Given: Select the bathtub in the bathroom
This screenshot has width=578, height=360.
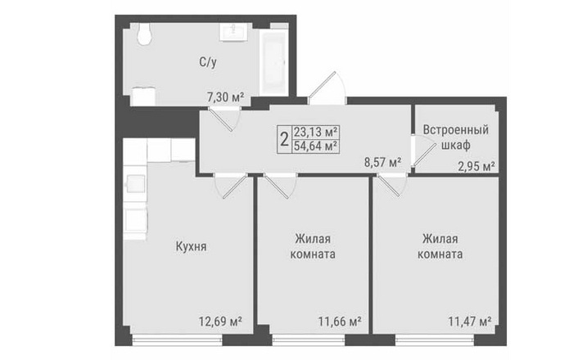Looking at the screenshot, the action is click(x=273, y=62).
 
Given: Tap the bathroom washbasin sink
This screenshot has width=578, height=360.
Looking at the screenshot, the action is click(x=233, y=31).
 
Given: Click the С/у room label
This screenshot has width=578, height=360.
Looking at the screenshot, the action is click(x=208, y=62).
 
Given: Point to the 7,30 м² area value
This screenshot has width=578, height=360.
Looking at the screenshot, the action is click(x=226, y=97).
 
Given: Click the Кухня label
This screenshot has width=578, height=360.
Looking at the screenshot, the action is click(x=191, y=246).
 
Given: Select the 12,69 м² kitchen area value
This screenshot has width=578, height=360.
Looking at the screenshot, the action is click(x=220, y=322).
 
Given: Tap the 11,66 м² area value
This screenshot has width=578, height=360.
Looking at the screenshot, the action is click(x=340, y=322).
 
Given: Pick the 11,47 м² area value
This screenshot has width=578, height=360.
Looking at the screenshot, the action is click(x=470, y=322).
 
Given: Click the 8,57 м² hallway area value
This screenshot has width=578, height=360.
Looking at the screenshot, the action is click(x=382, y=163).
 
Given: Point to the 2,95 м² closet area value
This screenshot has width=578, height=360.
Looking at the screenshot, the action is click(x=476, y=167).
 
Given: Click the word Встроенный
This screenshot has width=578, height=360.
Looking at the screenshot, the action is click(x=456, y=130).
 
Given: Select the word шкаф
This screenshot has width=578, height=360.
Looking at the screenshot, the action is click(x=456, y=145).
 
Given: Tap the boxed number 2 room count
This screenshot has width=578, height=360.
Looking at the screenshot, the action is click(x=284, y=140).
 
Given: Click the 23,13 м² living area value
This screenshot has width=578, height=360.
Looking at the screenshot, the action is click(x=316, y=132).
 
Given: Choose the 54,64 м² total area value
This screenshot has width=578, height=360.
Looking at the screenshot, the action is click(x=316, y=146).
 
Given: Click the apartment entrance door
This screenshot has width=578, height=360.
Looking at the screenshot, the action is click(x=327, y=88).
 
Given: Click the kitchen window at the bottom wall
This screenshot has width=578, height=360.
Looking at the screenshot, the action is click(x=178, y=340).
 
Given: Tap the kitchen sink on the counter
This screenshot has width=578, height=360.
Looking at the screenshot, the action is click(x=135, y=183).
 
